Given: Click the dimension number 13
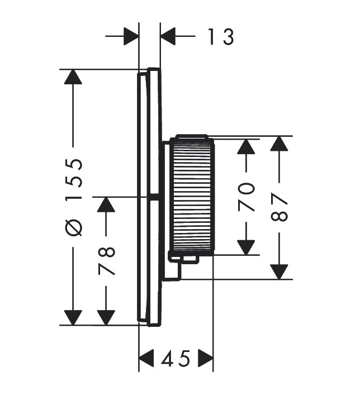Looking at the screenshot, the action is tap(221, 36).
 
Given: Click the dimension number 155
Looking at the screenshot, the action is tap(74, 179).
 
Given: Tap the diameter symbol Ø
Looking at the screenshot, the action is tap(74, 228).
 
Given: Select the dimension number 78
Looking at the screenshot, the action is tap(106, 261).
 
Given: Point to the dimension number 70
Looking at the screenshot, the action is tap(246, 197).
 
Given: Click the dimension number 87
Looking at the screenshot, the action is tap(279, 208).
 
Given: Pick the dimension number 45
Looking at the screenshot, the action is tap(176, 358).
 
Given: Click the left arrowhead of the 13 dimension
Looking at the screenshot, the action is tap(131, 36).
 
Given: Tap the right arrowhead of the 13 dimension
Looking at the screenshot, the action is tap(168, 36).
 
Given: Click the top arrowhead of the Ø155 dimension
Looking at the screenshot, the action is tap(73, 77).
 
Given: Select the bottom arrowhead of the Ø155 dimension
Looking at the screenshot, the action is tap(73, 318).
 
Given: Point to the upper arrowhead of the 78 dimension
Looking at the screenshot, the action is tap(106, 204).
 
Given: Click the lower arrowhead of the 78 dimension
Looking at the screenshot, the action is tap(106, 318).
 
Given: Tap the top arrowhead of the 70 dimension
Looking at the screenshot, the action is tap(246, 146).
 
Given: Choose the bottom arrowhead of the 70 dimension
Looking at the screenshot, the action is tap(246, 247).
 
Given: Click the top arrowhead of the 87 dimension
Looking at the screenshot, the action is tap(279, 144).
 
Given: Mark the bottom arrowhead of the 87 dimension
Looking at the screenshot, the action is tap(279, 272).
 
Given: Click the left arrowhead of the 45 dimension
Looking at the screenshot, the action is tap(146, 358).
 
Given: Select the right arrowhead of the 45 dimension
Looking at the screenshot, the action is tap(206, 358).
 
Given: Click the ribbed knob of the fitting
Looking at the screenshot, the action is tap(192, 197).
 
